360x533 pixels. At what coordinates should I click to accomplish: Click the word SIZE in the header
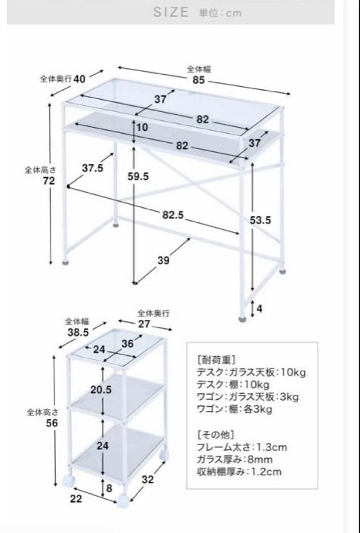tap(171, 12)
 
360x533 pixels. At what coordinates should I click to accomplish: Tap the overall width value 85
tap(198, 80)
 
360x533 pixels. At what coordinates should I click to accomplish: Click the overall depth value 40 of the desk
tap(80, 79)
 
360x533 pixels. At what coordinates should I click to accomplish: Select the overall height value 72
tap(48, 181)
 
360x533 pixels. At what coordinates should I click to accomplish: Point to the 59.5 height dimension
tap(138, 176)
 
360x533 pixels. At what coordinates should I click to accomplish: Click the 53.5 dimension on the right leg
tap(260, 220)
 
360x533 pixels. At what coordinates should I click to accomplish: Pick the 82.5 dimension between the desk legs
tap(173, 215)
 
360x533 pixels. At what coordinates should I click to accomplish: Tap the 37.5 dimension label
tap(92, 168)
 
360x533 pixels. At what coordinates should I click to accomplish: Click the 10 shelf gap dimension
tap(142, 127)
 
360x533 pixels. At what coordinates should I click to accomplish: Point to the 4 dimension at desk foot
tap(259, 309)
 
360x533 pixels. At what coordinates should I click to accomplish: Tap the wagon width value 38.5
tap(78, 333)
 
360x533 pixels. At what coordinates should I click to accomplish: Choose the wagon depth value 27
tap(144, 324)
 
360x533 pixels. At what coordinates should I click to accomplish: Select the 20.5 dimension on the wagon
tap(101, 390)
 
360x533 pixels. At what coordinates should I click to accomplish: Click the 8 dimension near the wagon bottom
tap(109, 488)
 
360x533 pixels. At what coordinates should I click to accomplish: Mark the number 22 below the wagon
tap(76, 498)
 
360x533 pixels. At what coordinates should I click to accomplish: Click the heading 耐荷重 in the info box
tap(216, 359)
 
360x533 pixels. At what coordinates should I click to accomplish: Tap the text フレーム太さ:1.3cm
tap(242, 448)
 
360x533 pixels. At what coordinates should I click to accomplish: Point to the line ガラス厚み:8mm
tap(234, 459)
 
